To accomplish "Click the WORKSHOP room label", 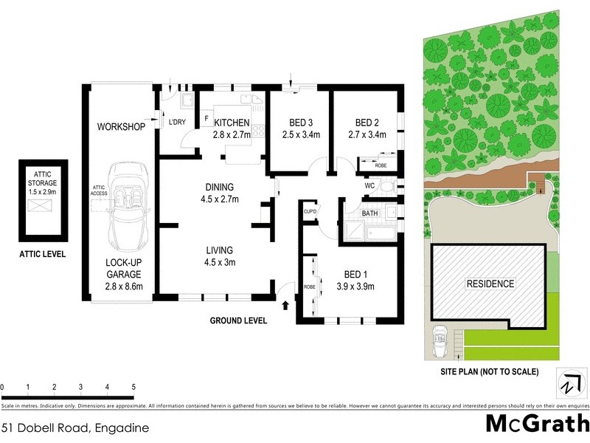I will pos(122,127).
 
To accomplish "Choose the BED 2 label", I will pos(367,123).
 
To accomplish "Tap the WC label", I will pos(369,187).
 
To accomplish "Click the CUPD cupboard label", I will pos(310,212).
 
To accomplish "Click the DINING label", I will pos(220,186).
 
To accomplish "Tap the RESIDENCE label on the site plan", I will pos(489,284).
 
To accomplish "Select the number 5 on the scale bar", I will pos(133,387).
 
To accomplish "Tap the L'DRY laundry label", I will pos(177,123).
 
